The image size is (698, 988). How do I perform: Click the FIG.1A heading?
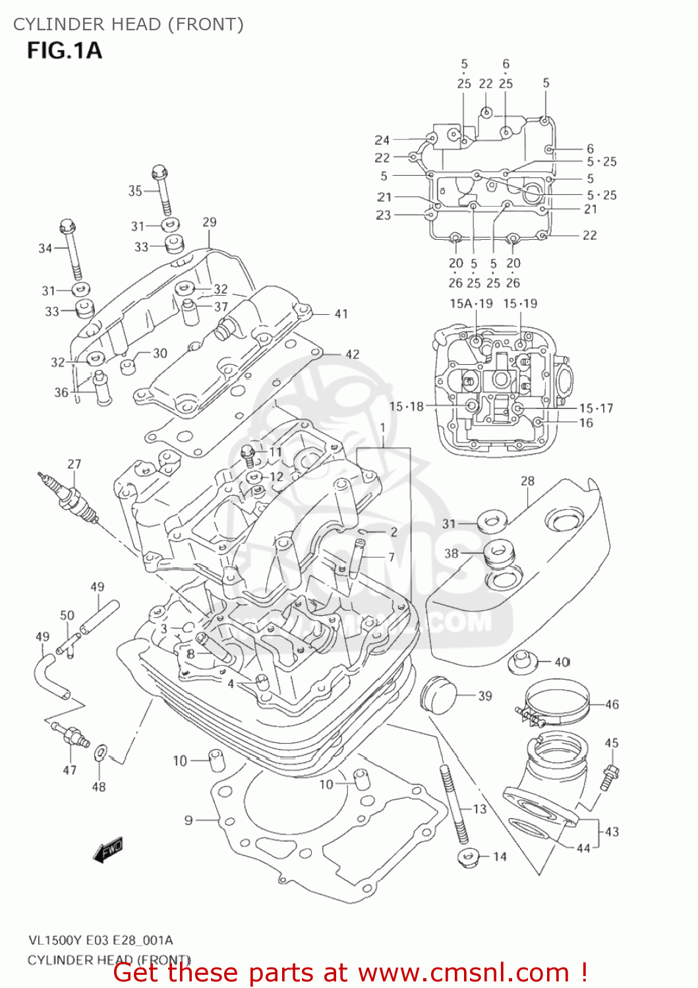pos(65,50)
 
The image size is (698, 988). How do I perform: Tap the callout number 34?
pos(45,248)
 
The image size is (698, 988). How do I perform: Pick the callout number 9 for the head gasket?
pos(189,820)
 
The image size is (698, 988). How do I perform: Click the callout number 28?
pos(527,481)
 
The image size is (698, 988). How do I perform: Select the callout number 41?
pos(341,314)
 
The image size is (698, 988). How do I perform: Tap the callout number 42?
pos(353,354)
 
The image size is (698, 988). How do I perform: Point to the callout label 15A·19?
pos(471,304)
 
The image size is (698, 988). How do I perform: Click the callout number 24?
pos(382,140)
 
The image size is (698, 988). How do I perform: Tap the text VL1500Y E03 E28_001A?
pos(100,940)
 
